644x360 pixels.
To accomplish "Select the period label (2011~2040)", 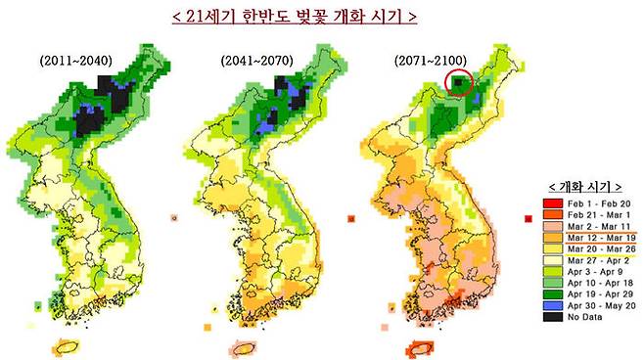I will pyautogui.click(x=76, y=61).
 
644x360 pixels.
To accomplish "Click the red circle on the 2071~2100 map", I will pyautogui.click(x=458, y=85).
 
